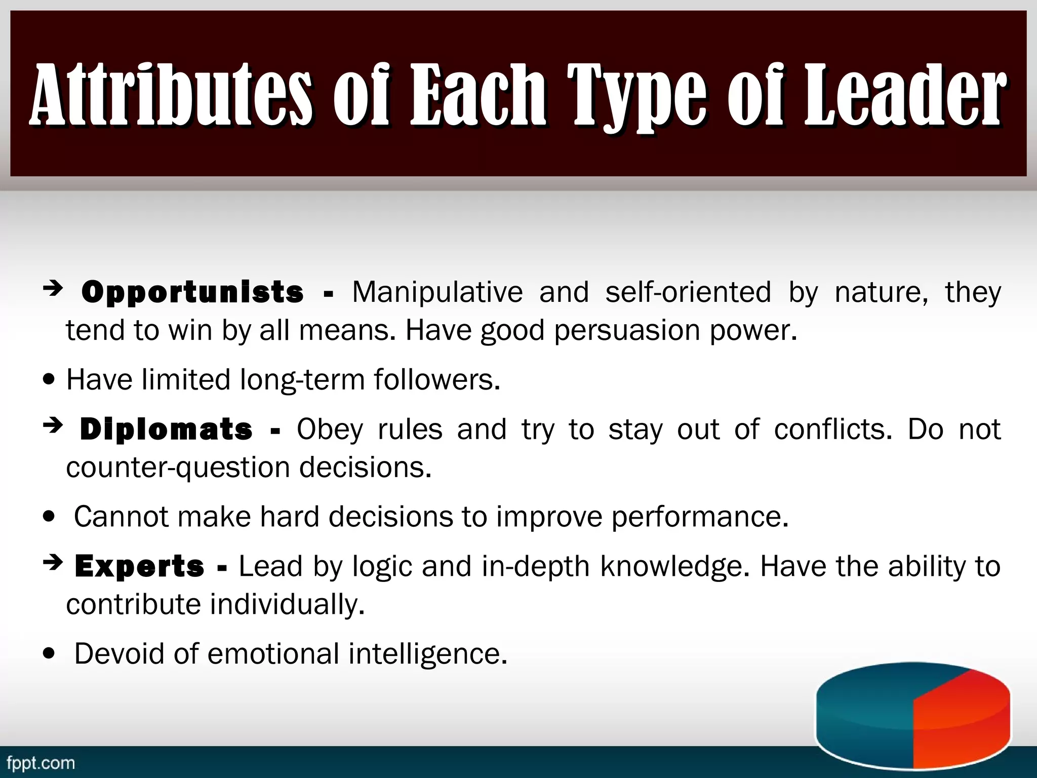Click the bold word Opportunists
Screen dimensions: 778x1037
[x=192, y=293]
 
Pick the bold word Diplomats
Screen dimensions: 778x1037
[x=166, y=430]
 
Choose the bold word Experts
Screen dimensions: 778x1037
[x=140, y=567]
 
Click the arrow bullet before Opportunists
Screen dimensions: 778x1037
[x=53, y=289]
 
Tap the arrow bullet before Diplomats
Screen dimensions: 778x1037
[x=53, y=426]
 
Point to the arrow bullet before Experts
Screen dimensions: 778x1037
[x=53, y=562]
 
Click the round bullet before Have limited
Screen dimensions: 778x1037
[x=49, y=380]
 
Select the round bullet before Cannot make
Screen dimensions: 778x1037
[x=49, y=517]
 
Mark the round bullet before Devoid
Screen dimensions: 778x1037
[x=49, y=654]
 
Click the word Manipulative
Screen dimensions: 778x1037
[x=437, y=292]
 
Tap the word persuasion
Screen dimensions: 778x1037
[x=627, y=331]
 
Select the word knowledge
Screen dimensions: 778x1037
[x=674, y=566]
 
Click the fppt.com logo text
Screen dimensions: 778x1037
[x=41, y=763]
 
